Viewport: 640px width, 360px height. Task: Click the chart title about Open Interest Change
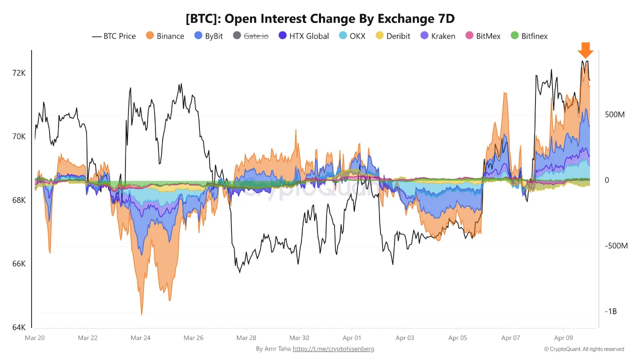(x=320, y=18)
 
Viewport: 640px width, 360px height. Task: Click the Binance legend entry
(x=165, y=36)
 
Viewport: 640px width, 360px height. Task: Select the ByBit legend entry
(x=208, y=36)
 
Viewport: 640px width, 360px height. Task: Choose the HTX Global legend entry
(x=303, y=36)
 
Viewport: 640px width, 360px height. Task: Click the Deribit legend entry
(x=393, y=36)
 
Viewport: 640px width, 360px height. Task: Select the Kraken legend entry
(x=437, y=36)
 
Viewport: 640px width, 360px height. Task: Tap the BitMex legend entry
(x=482, y=36)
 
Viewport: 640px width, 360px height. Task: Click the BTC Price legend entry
(x=114, y=36)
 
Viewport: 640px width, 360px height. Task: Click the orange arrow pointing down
(x=585, y=50)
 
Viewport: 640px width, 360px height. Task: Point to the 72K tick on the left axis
(x=18, y=73)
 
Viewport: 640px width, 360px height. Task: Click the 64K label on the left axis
(x=18, y=327)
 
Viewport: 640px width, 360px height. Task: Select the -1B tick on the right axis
(x=611, y=311)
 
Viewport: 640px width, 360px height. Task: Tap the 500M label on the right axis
(x=614, y=114)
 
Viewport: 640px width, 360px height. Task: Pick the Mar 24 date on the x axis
(x=140, y=338)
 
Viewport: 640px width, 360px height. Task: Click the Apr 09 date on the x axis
(x=563, y=338)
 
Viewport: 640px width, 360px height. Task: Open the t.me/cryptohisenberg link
(x=333, y=349)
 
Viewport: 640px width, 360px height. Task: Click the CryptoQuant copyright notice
(x=583, y=349)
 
